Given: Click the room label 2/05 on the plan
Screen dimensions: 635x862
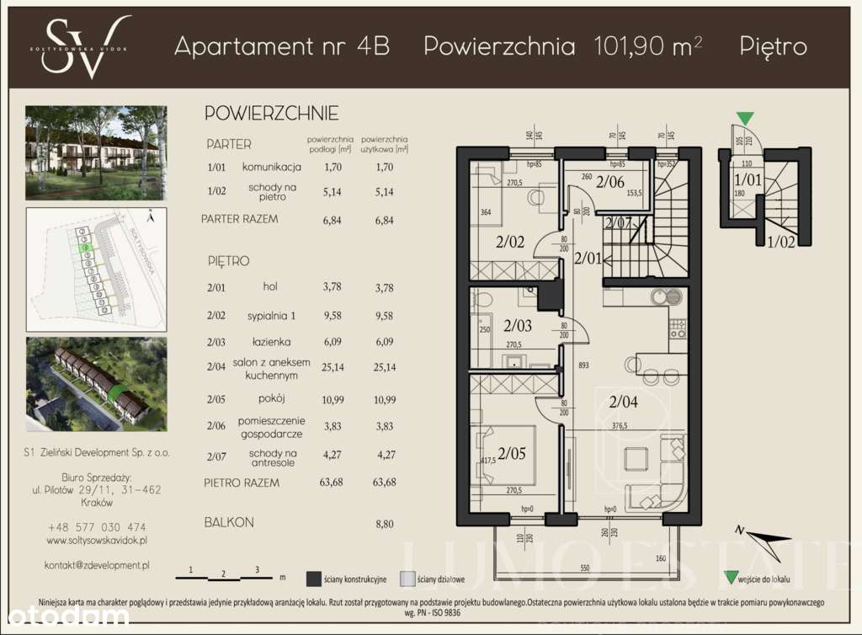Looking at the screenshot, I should pos(512,456).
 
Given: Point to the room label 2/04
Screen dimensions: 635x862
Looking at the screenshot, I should pos(624,402).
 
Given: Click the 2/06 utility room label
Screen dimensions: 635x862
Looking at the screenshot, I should pos(610,181).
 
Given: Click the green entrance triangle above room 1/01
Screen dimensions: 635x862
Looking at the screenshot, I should pos(745,119).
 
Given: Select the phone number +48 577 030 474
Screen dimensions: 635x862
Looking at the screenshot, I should pos(97,526).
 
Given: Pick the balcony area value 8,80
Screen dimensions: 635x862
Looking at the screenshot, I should pos(384,523).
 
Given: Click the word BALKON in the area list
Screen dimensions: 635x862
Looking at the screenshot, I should pos(229,522).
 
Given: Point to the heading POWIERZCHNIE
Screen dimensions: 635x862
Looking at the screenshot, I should pos(271,113).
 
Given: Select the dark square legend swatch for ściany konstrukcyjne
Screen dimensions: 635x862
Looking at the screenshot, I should pos(314,579).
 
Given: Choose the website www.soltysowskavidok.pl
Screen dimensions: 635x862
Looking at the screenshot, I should pos(97,540).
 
